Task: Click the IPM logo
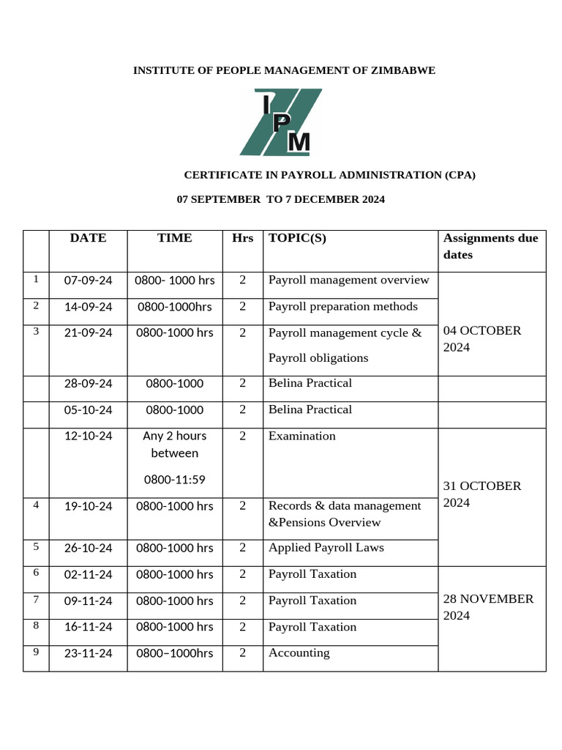coord(280,122)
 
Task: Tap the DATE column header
coord(88,238)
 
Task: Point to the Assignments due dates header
coord(490,246)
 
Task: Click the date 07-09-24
coord(88,281)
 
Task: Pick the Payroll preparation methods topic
coord(343,306)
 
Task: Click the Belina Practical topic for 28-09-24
coord(310,383)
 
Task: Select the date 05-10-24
coord(88,410)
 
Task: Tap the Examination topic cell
coord(302,436)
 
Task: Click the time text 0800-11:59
coord(174,480)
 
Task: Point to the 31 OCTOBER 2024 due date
coord(482,494)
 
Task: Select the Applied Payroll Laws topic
coord(326,548)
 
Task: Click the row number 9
coord(35,650)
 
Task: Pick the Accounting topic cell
coord(299,653)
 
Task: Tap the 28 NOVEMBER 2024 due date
coord(488,606)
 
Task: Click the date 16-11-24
coord(88,627)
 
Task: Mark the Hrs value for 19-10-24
coord(242,506)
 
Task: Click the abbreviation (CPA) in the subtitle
coord(460,175)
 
